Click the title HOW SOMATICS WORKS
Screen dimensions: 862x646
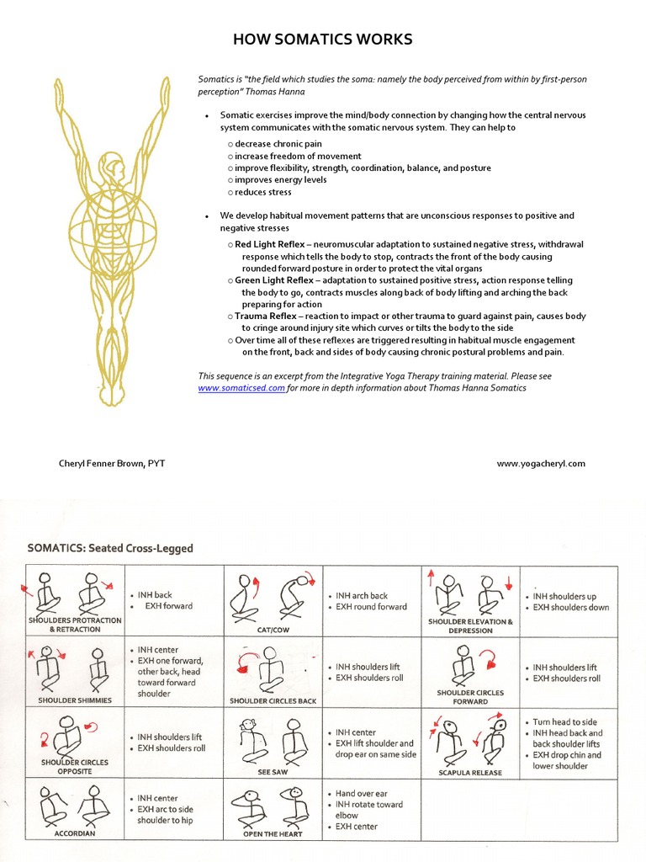point(323,40)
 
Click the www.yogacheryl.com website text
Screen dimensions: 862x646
point(540,463)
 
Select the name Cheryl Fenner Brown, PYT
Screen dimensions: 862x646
point(112,463)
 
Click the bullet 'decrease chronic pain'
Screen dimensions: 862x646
point(278,144)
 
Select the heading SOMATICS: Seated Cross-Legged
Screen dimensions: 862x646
point(110,548)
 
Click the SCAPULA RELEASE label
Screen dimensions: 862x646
point(469,772)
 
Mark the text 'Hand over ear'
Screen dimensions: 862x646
point(361,793)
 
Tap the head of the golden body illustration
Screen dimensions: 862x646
point(112,165)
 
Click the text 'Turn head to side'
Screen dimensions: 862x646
point(564,722)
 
